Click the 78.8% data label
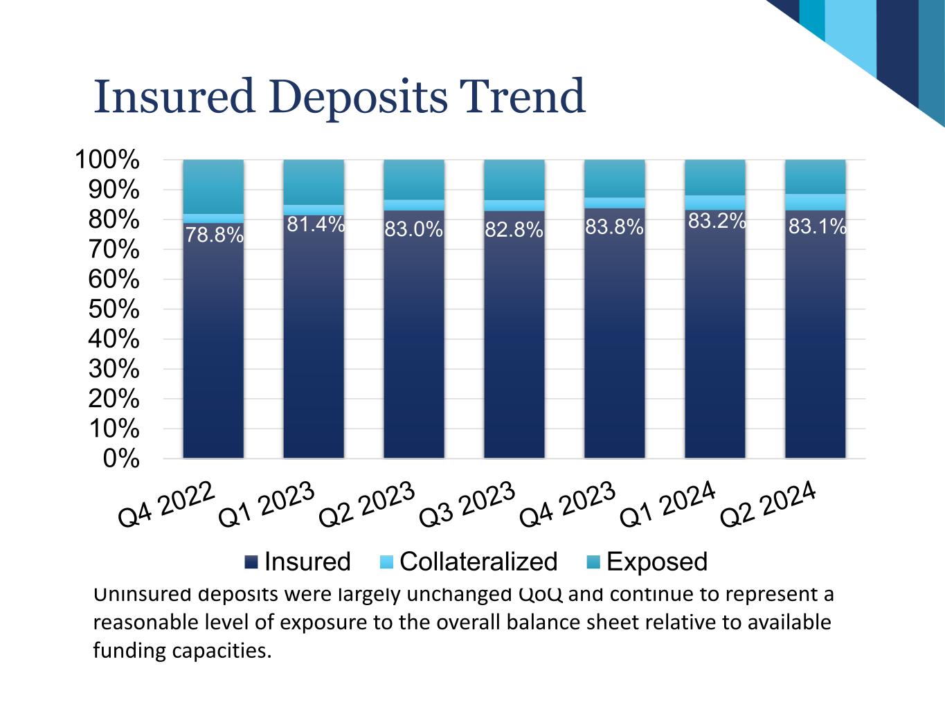click(214, 235)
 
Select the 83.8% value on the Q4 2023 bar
click(614, 226)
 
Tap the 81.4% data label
click(316, 224)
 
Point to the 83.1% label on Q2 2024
click(818, 226)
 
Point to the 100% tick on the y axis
click(107, 160)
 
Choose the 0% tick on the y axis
click(121, 459)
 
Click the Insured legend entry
click(298, 562)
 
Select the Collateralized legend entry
click(469, 562)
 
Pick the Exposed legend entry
click(647, 562)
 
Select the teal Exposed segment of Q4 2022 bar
click(213, 186)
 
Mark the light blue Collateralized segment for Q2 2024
click(815, 201)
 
